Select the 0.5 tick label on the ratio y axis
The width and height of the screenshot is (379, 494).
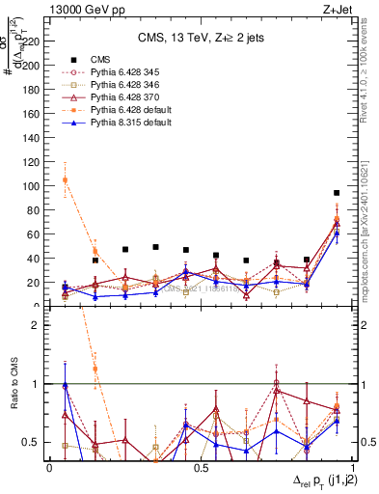30,442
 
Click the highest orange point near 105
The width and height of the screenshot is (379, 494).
65,180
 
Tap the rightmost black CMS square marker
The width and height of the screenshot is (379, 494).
337,193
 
